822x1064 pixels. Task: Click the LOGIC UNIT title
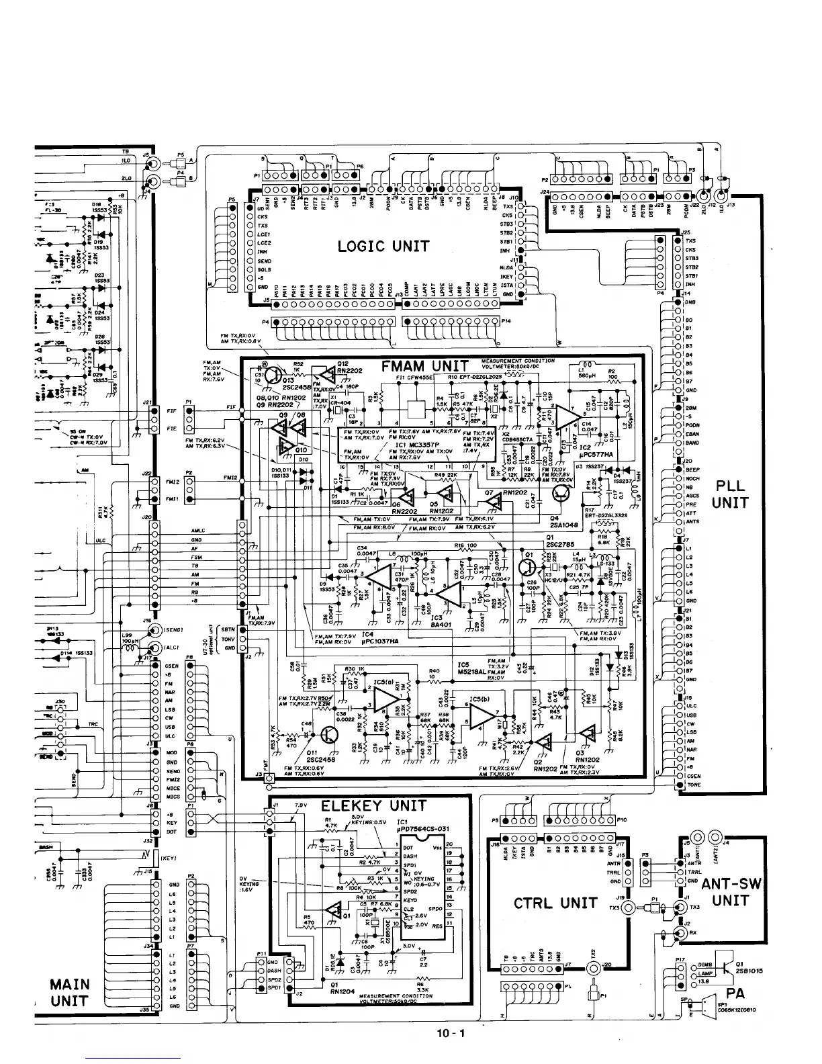[x=383, y=246]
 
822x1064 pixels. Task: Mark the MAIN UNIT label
[x=70, y=993]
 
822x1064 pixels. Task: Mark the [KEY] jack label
[x=167, y=858]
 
